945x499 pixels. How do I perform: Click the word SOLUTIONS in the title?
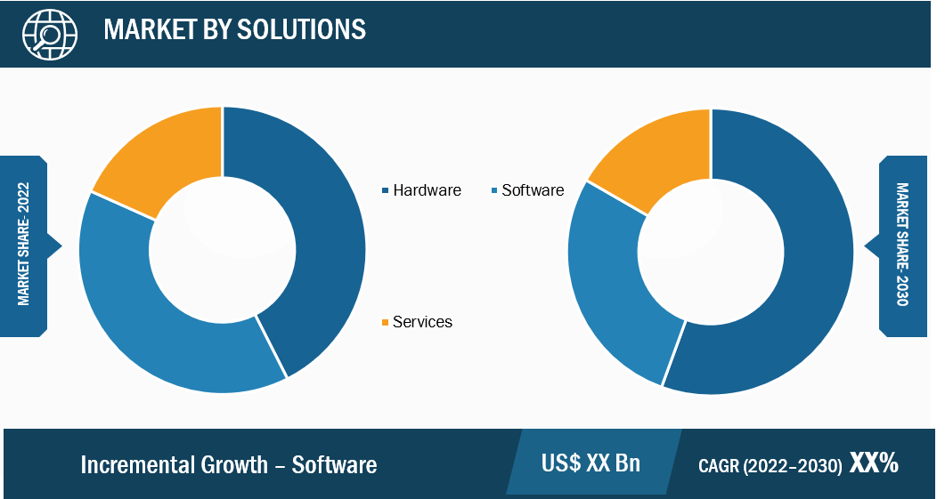(301, 29)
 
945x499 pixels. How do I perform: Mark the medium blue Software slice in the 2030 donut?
(608, 283)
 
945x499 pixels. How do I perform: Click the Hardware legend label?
(427, 190)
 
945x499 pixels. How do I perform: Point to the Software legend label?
(533, 190)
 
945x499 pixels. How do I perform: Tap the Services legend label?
(422, 322)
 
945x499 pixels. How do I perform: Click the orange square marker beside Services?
(385, 323)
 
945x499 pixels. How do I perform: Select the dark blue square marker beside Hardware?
(385, 191)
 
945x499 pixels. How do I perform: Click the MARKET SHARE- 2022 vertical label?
(23, 244)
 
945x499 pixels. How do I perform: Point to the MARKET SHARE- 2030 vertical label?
(902, 245)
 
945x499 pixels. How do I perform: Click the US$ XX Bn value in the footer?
(591, 463)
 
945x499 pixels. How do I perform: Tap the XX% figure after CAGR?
(874, 463)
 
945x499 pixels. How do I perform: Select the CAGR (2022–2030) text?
(770, 465)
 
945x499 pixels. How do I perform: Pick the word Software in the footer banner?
(335, 464)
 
